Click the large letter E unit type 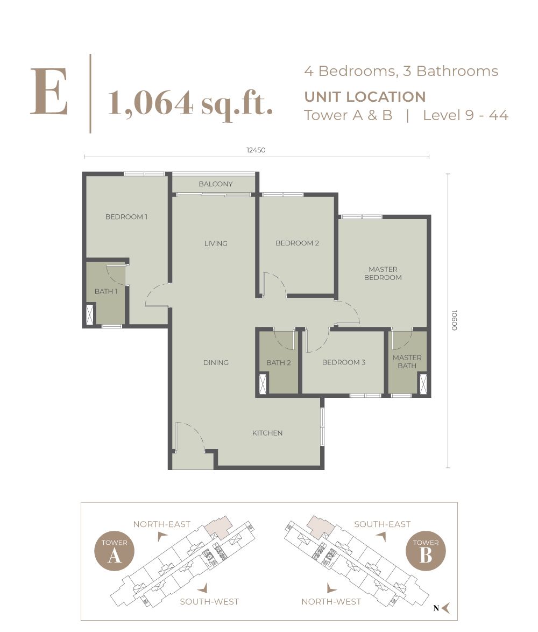click(x=49, y=92)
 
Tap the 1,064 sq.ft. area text click(x=190, y=102)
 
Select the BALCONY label click(x=215, y=184)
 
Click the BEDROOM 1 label click(x=126, y=217)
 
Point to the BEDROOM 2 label click(x=297, y=243)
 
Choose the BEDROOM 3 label click(x=343, y=362)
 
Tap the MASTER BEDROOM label click(x=383, y=273)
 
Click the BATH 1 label click(x=106, y=292)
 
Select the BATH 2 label click(x=278, y=363)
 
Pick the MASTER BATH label click(x=407, y=362)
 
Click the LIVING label click(x=216, y=243)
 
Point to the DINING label click(x=216, y=362)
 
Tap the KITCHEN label click(x=267, y=433)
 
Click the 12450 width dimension click(x=256, y=151)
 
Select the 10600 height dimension click(x=455, y=320)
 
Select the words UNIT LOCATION click(x=365, y=97)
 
